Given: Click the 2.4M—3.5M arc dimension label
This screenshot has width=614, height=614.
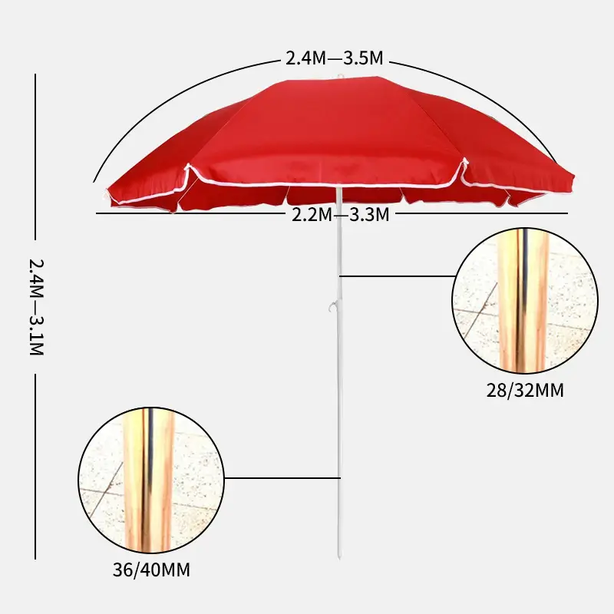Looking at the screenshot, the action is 335,58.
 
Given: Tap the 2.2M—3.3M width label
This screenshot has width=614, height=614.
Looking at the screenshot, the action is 341,215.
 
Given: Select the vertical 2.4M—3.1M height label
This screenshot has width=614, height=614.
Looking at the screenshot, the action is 36,307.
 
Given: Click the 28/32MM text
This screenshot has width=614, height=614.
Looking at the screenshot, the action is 525,391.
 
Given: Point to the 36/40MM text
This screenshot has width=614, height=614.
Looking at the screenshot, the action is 151,569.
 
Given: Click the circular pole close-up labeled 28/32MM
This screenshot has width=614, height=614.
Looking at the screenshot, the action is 525,300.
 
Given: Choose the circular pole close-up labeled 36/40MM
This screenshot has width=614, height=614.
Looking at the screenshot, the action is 151,480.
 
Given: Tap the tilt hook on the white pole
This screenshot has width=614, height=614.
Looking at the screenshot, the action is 333,306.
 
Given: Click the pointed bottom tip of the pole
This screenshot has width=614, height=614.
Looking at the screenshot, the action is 339,558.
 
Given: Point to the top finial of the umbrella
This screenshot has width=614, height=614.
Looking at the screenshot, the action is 339,76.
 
